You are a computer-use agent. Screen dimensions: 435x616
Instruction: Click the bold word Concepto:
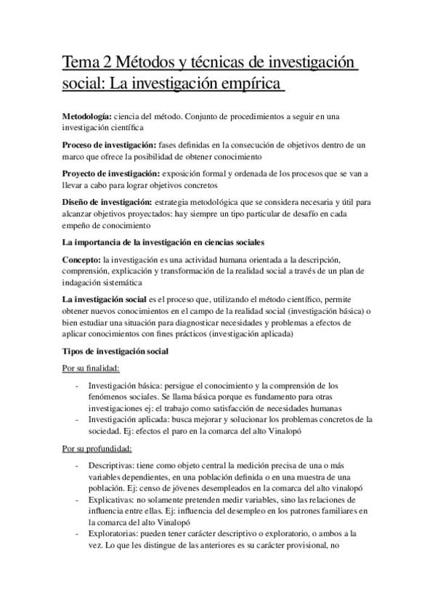[x=82, y=260]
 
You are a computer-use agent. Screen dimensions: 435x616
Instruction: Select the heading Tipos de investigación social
[x=116, y=352]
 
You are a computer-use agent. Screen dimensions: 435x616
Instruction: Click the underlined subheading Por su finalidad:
[x=92, y=368]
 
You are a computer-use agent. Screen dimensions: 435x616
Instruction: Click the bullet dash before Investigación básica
[x=77, y=385]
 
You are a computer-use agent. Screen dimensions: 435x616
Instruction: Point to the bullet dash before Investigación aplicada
[x=77, y=419]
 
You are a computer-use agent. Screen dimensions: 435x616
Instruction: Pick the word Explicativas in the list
[x=110, y=500]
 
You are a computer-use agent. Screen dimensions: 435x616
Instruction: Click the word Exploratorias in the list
[x=113, y=535]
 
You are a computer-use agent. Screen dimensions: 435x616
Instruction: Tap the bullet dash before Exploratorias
[x=77, y=535]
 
